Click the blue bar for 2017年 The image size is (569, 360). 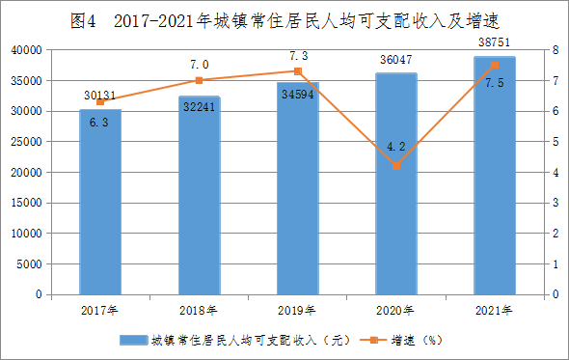click(100, 202)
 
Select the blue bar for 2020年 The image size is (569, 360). click(396, 183)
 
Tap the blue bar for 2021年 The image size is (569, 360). click(495, 176)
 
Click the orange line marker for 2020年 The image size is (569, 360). click(396, 166)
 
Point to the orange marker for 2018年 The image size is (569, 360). click(199, 80)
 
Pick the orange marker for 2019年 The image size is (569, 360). click(298, 71)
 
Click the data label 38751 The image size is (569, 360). click(494, 42)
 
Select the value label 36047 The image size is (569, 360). click(396, 60)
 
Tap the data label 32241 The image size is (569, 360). click(199, 107)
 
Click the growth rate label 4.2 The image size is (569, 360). click(396, 147)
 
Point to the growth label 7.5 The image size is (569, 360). click(495, 83)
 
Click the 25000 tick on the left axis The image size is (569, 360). click(26, 142)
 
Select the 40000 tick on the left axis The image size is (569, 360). click(26, 50)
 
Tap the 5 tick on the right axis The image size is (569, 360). click(555, 142)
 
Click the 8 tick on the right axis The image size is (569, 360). click(555, 50)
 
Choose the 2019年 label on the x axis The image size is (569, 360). click(297, 310)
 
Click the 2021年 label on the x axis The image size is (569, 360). click(494, 310)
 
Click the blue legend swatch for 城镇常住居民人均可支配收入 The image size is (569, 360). click(134, 340)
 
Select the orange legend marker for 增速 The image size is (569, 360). click(373, 340)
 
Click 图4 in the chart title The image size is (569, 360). click(83, 21)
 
